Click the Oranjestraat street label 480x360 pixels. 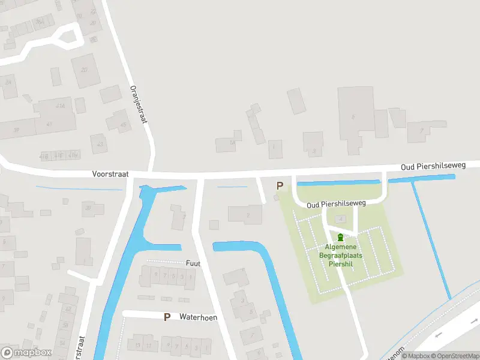(x=139, y=103)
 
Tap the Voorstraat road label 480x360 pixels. (x=110, y=173)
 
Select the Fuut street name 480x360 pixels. (x=193, y=263)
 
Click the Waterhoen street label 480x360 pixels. (x=198, y=317)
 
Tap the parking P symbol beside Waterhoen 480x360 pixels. (x=167, y=317)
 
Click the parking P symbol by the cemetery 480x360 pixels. (x=279, y=185)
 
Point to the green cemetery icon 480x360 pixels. (x=341, y=238)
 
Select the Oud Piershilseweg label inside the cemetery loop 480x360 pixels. (x=336, y=204)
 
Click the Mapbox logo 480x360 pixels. (x=26, y=352)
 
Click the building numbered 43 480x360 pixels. (x=100, y=144)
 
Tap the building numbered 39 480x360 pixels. (x=17, y=130)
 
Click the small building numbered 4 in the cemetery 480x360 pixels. (x=341, y=219)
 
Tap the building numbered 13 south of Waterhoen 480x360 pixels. (x=137, y=345)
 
